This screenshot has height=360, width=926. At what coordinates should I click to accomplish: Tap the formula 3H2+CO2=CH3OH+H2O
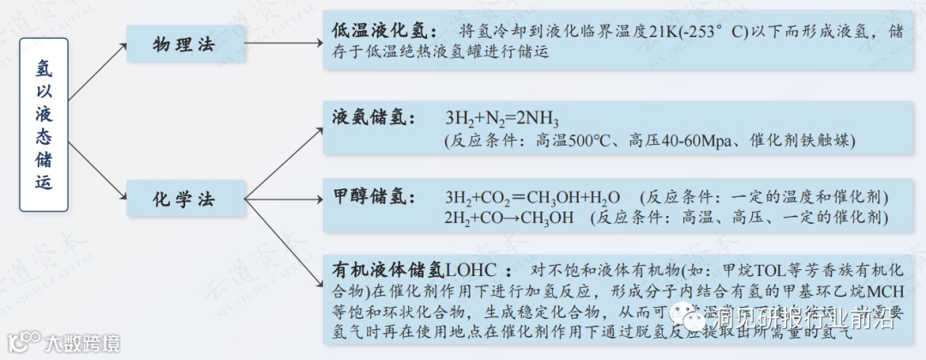[532, 197]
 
